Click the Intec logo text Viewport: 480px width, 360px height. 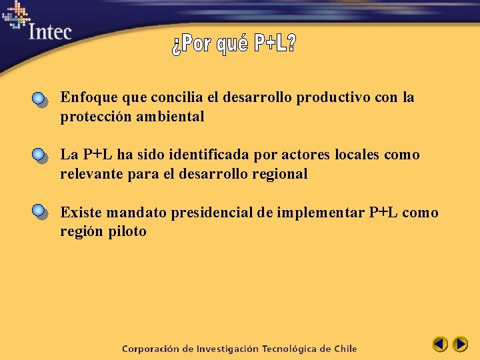(50, 31)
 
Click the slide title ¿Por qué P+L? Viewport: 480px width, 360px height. (234, 45)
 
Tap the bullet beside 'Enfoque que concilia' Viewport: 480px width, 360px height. (39, 99)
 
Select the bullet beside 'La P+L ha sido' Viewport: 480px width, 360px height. (39, 156)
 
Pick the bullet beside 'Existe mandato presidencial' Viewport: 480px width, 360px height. (39, 213)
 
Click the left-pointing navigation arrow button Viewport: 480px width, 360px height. (439, 345)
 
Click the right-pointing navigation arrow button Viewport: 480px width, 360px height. (460, 345)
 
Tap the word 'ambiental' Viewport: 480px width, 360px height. (172, 117)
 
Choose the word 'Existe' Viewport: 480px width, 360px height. (80, 212)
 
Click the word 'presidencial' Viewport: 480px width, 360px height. (213, 213)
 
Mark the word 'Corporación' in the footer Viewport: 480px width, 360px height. (150, 349)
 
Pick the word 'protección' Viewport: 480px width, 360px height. (93, 117)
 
